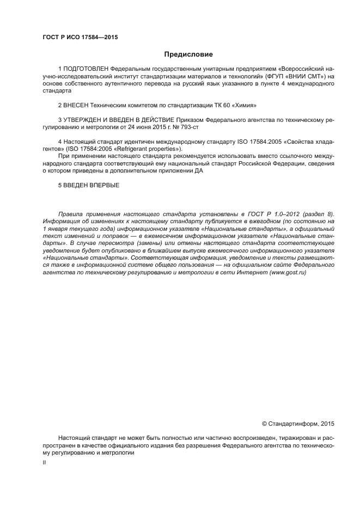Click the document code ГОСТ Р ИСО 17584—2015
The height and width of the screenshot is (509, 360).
80,38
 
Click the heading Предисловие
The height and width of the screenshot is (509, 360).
188,54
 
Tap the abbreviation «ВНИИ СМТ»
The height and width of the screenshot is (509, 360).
302,77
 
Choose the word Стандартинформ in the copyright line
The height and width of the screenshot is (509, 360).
294,423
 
